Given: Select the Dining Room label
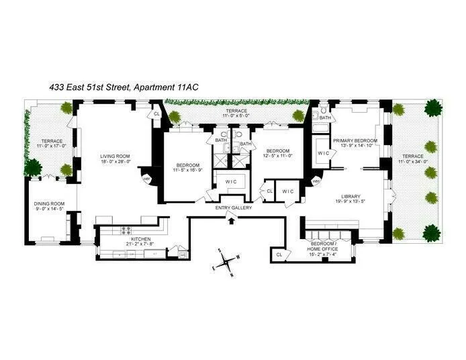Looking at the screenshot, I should click(49, 204).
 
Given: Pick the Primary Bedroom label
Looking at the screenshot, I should click(355, 140).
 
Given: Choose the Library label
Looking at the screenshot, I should click(353, 195).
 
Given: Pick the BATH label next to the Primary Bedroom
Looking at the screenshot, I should click(325, 118).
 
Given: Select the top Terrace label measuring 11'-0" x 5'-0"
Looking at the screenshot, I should click(236, 111).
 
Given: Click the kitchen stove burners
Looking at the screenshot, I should click(125, 230).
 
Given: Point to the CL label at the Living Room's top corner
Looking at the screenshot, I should click(156, 114).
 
